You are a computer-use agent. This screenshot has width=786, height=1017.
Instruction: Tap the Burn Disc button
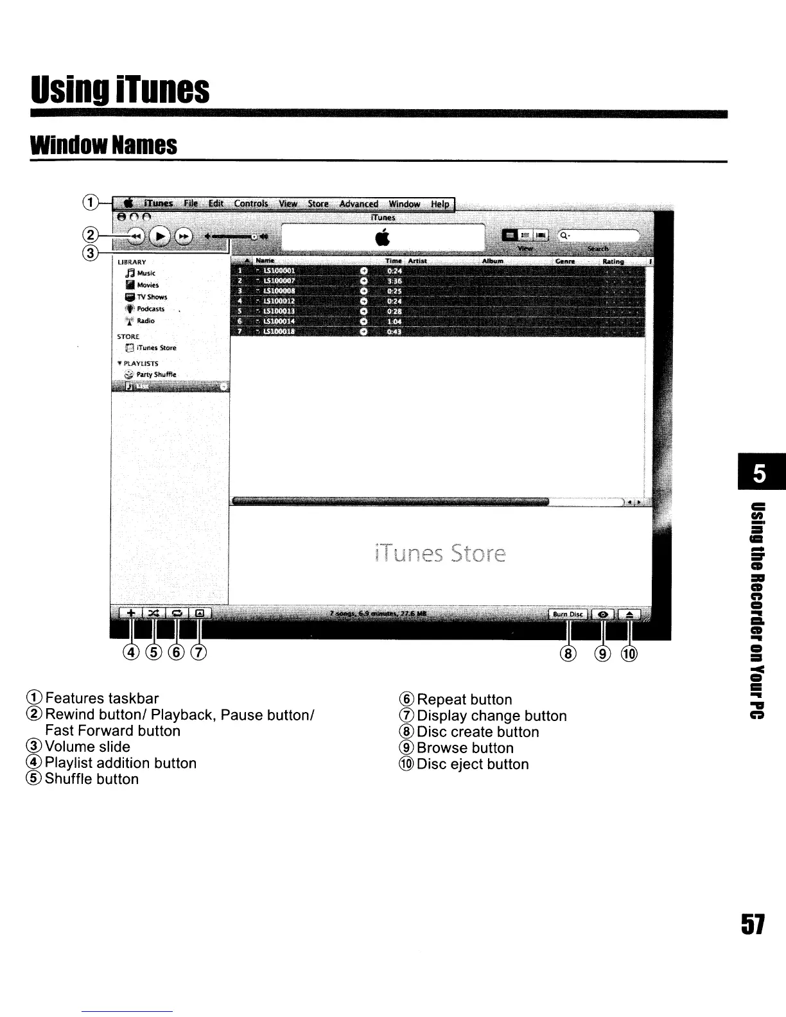coord(568,614)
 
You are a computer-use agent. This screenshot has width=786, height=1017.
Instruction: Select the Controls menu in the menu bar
coord(250,204)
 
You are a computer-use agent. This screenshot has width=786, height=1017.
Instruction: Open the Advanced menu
coord(358,204)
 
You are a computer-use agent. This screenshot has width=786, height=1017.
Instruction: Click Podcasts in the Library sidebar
coord(150,309)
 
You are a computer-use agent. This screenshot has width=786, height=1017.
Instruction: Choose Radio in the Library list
coord(145,321)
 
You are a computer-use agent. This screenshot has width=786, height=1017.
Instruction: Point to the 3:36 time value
coord(394,281)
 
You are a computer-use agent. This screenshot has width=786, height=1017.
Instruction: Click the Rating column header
coord(613,261)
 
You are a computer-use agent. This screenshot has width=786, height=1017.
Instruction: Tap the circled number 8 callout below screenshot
coord(568,654)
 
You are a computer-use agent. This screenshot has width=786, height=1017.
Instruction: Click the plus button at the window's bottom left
coord(129,614)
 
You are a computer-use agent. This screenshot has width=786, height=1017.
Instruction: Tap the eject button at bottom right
coord(629,614)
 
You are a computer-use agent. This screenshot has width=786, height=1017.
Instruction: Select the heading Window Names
coord(103,145)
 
